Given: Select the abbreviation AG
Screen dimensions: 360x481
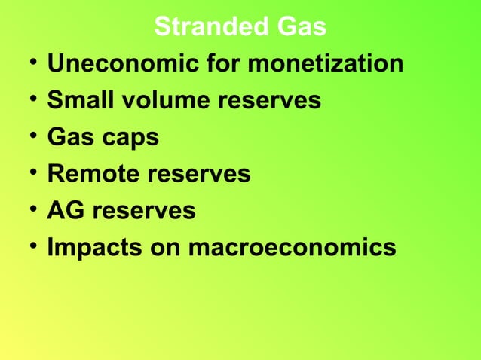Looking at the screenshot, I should (65, 212).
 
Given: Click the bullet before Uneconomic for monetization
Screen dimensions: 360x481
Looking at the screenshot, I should (27, 63).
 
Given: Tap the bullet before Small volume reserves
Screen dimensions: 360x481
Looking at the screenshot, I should (27, 99).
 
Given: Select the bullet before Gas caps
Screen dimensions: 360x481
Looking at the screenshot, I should (27, 136).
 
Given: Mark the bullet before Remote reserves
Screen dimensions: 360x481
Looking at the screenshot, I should (27, 173).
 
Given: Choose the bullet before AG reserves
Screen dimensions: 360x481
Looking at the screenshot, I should (27, 210).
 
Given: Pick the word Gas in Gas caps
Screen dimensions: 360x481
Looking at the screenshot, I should (69, 138).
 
